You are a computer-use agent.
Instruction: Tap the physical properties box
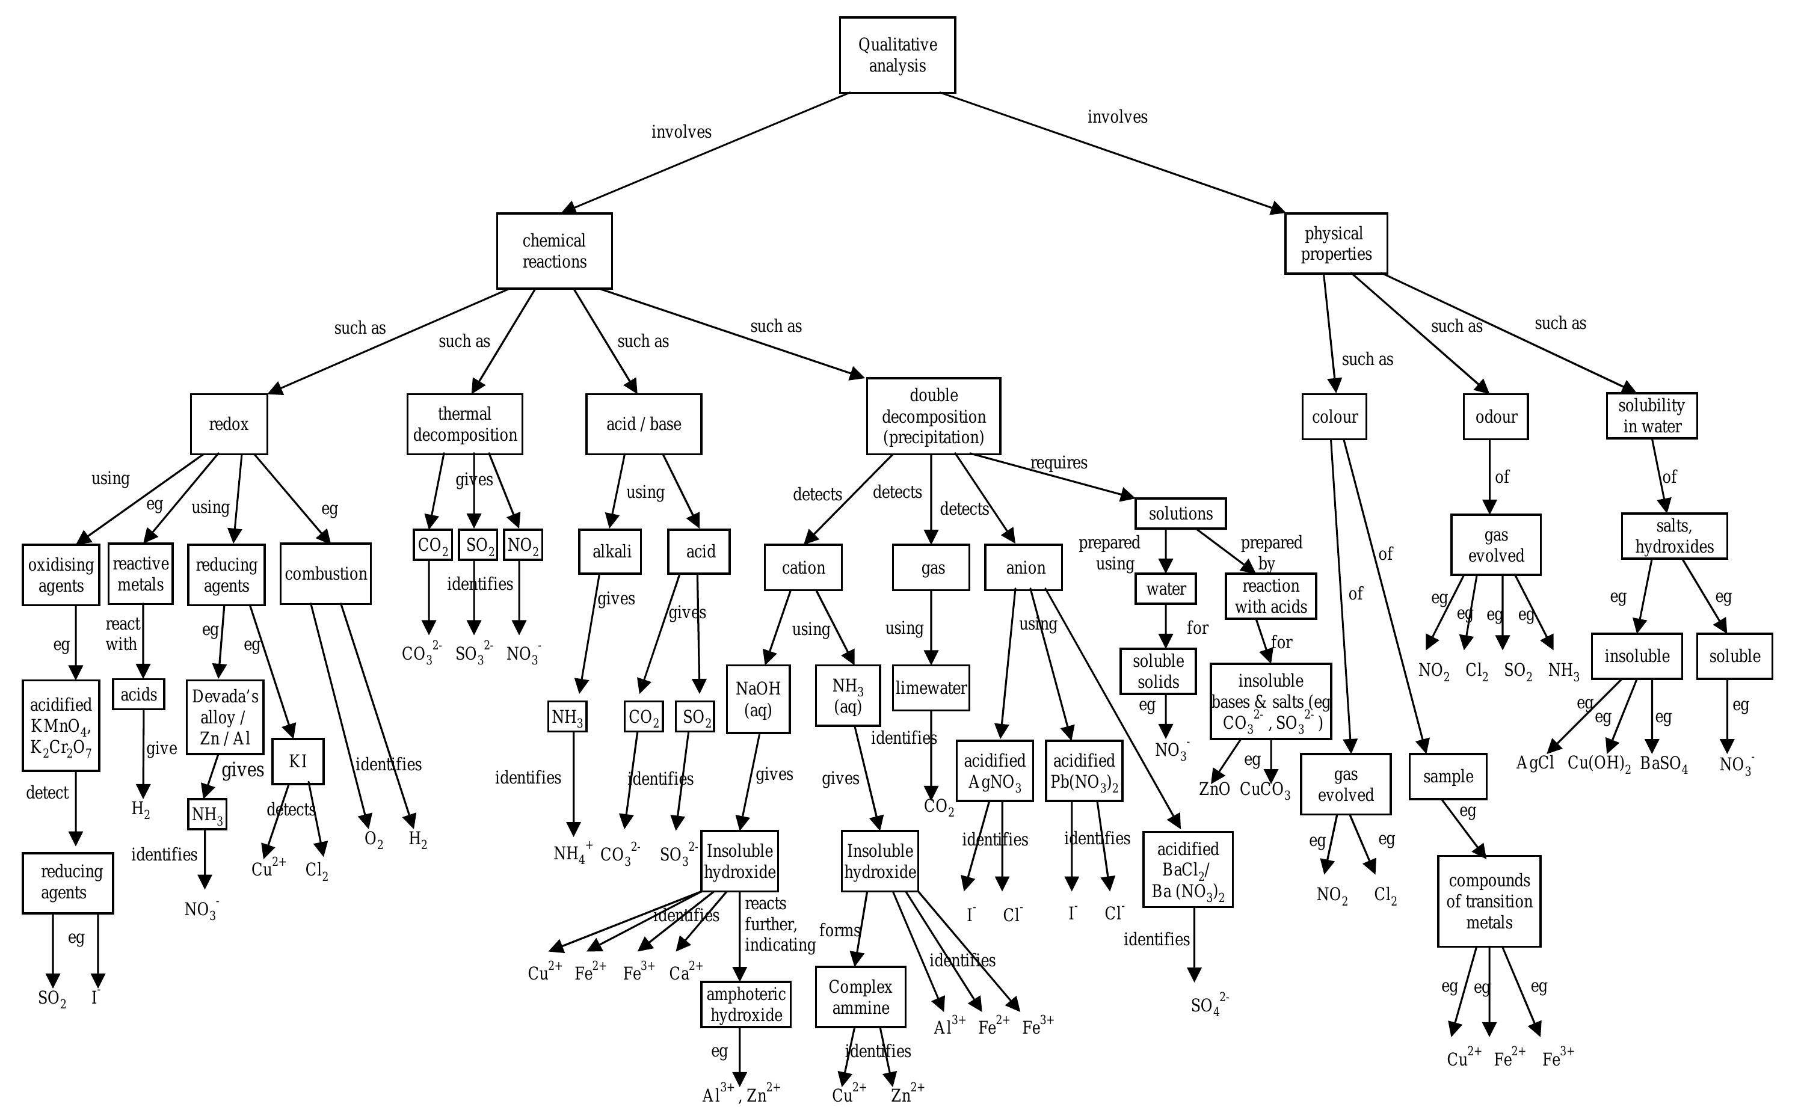click(1335, 244)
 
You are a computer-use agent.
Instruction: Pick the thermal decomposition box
click(464, 425)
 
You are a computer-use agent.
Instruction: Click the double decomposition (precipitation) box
click(933, 417)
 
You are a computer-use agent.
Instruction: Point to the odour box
click(1495, 417)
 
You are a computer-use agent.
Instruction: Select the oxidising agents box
click(61, 575)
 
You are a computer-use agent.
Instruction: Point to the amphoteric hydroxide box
click(745, 1005)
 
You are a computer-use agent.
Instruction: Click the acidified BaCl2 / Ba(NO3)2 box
click(1187, 869)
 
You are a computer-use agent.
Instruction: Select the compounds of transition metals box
click(1488, 901)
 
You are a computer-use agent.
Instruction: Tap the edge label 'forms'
click(839, 931)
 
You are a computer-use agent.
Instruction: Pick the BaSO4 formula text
click(1663, 764)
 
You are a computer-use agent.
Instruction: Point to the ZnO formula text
click(1214, 790)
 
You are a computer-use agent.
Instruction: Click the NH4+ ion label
click(572, 853)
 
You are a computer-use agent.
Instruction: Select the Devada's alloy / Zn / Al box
click(225, 717)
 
